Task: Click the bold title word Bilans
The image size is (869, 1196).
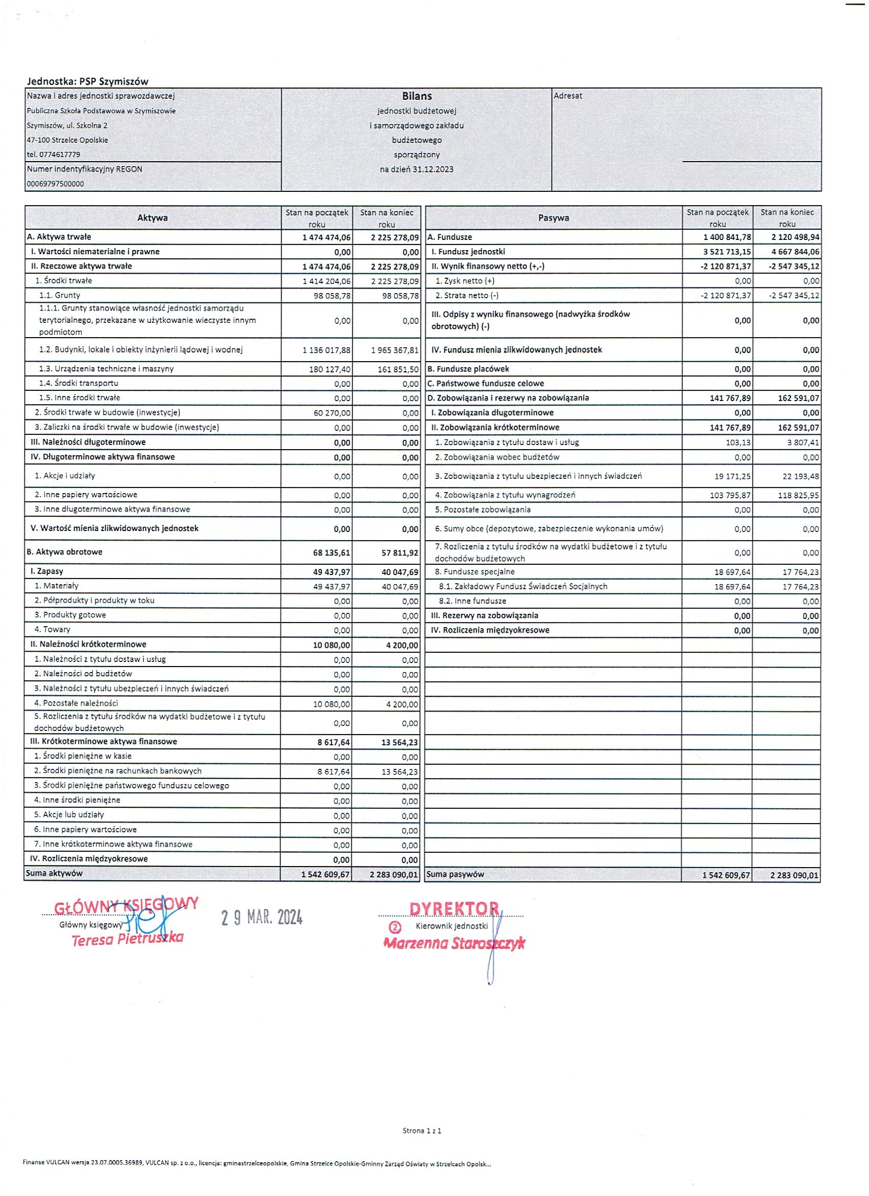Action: (416, 96)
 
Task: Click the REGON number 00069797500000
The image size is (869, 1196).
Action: (55, 184)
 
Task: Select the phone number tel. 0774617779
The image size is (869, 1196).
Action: (53, 154)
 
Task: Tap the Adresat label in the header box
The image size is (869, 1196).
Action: (567, 96)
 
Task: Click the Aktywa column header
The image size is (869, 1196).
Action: (152, 218)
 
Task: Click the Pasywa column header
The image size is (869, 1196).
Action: (553, 218)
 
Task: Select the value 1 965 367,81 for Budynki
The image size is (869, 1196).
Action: (395, 350)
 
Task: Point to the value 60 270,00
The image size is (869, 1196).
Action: (333, 413)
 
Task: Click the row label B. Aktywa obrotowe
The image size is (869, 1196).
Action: (65, 552)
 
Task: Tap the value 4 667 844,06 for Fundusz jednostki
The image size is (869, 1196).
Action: (795, 252)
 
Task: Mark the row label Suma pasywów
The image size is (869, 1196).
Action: (455, 874)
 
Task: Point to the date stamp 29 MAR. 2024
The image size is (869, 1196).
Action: (261, 918)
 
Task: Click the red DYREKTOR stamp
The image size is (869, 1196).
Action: (454, 908)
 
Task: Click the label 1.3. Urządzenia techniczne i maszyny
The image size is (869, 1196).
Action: (106, 369)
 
